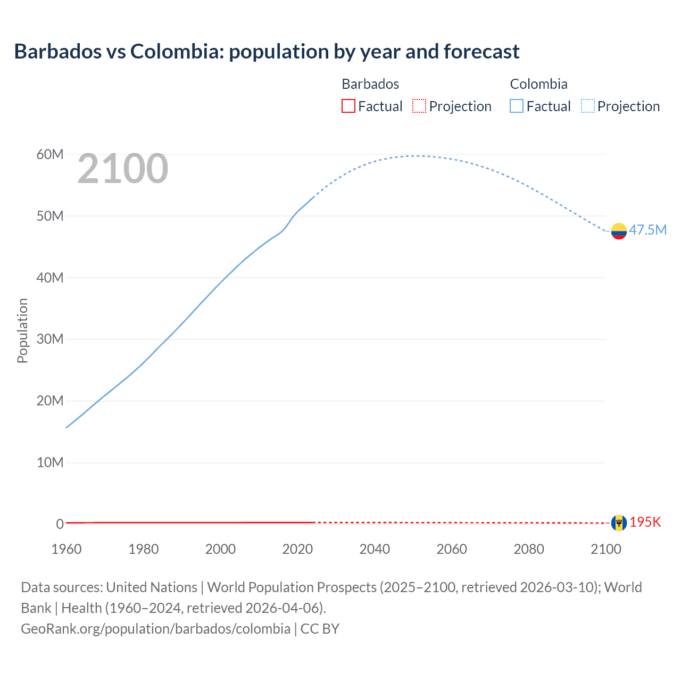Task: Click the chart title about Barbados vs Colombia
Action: [267, 52]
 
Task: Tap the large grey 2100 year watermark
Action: [123, 169]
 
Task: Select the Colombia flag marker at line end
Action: [619, 231]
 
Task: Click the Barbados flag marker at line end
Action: [619, 522]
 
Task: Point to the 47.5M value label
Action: [647, 230]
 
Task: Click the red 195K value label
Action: [645, 522]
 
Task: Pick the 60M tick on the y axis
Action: [50, 154]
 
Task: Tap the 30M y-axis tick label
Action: [50, 339]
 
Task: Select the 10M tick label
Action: [50, 462]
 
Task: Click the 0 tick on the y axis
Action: [60, 524]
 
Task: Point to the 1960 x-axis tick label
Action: [67, 549]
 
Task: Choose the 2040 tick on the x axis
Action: [375, 549]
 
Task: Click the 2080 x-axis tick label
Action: [529, 549]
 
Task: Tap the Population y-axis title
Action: [22, 330]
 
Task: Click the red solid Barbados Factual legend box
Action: [348, 106]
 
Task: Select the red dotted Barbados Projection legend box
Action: [419, 106]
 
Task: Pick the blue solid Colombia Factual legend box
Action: [517, 106]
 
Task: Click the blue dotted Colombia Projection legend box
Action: [588, 106]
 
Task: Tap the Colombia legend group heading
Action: [538, 84]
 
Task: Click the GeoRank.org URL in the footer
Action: [155, 629]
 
